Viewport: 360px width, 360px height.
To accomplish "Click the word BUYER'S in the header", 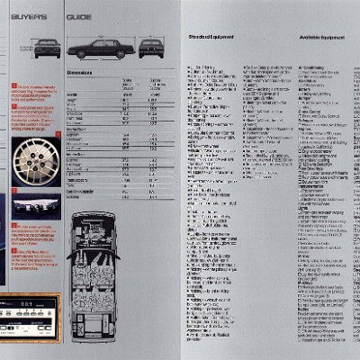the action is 29,15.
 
